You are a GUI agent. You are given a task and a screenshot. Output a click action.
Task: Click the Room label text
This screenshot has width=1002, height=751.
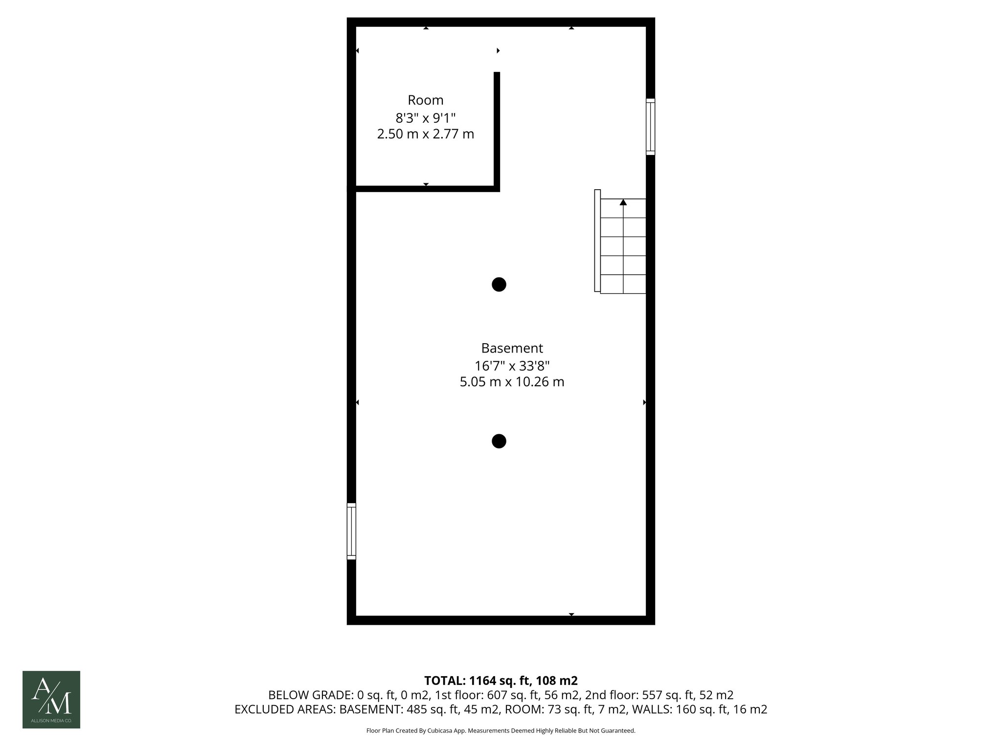(426, 100)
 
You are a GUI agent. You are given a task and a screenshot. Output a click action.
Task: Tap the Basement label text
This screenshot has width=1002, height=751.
(512, 348)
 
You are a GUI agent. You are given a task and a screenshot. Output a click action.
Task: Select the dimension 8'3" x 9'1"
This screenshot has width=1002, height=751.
(426, 118)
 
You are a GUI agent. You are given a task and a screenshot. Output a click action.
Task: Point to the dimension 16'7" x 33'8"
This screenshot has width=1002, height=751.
(512, 366)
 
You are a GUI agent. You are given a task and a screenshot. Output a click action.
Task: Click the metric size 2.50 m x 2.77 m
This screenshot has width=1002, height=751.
(426, 134)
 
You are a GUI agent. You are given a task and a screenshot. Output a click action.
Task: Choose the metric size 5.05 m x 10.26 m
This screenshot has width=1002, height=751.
(512, 382)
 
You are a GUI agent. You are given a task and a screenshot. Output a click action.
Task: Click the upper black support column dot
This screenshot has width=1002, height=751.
(499, 285)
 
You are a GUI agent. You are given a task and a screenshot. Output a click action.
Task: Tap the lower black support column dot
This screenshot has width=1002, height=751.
(499, 441)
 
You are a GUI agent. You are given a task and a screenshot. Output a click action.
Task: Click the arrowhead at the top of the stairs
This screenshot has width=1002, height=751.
(623, 202)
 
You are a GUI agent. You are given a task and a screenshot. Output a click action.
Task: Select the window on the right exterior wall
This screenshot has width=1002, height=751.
(650, 127)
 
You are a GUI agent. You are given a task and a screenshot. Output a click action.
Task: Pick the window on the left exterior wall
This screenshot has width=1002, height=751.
(351, 531)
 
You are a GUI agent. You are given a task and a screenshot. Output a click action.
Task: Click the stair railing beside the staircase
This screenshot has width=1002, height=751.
(597, 241)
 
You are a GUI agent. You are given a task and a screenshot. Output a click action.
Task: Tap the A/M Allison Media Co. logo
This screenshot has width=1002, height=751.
(51, 700)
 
